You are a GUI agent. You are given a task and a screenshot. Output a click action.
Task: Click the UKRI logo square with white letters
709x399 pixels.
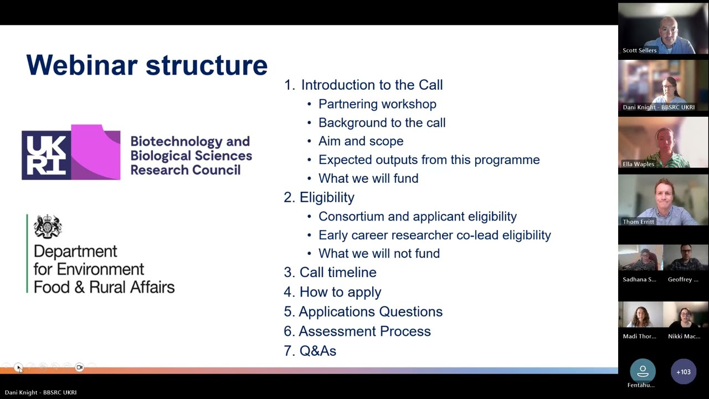click(46, 155)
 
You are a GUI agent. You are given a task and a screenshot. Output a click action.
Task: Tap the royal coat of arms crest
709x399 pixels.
click(48, 226)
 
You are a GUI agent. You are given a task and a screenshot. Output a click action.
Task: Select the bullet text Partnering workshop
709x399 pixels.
click(377, 104)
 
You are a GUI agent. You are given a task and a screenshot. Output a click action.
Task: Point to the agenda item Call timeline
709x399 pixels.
click(338, 272)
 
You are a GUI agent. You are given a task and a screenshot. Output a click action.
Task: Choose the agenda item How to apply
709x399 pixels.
click(340, 292)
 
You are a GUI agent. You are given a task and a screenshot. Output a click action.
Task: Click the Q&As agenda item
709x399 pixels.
click(318, 351)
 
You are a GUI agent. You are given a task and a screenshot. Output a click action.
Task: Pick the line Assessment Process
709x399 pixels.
click(364, 331)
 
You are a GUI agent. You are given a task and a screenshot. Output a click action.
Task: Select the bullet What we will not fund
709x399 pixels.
click(379, 253)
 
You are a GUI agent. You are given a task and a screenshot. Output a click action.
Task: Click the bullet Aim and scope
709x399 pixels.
click(361, 141)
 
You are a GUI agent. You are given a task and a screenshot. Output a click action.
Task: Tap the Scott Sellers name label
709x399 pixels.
click(639, 50)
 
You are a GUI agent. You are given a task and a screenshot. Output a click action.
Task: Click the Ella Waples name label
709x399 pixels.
click(638, 164)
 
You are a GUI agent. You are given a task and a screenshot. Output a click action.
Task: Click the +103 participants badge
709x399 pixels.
click(684, 372)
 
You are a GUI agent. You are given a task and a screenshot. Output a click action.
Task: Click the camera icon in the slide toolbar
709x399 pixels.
click(79, 367)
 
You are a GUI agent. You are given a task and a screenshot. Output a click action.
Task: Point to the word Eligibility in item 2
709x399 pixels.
click(327, 197)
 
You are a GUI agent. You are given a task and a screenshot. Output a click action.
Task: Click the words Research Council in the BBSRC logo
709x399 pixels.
click(186, 170)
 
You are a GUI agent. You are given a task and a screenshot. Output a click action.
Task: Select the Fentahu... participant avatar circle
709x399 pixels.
click(643, 371)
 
